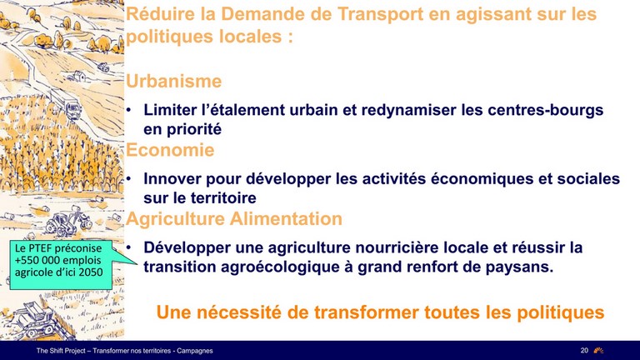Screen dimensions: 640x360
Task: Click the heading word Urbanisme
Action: tap(173, 81)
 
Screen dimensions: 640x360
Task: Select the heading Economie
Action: tap(170, 150)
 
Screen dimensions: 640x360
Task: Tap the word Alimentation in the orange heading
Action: tap(286, 218)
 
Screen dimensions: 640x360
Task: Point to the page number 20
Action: tap(584, 350)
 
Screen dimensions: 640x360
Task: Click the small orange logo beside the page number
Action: tap(598, 350)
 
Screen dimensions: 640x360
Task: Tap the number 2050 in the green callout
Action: tap(91, 272)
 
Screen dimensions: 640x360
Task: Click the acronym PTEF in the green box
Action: tap(39, 248)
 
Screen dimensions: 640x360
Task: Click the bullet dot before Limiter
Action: tap(129, 110)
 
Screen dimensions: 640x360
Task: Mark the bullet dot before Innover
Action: tap(129, 178)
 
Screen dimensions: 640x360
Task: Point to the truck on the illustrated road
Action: tap(72, 108)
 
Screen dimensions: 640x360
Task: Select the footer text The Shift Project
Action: tap(61, 351)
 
